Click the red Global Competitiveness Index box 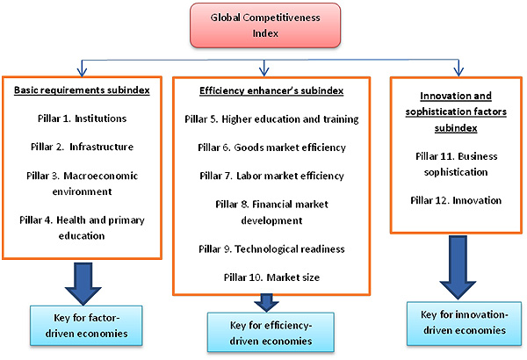tap(264, 25)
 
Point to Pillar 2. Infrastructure tap(80, 148)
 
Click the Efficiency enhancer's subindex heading tap(263, 90)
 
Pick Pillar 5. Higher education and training tap(273, 119)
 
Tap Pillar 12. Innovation tap(456, 200)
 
